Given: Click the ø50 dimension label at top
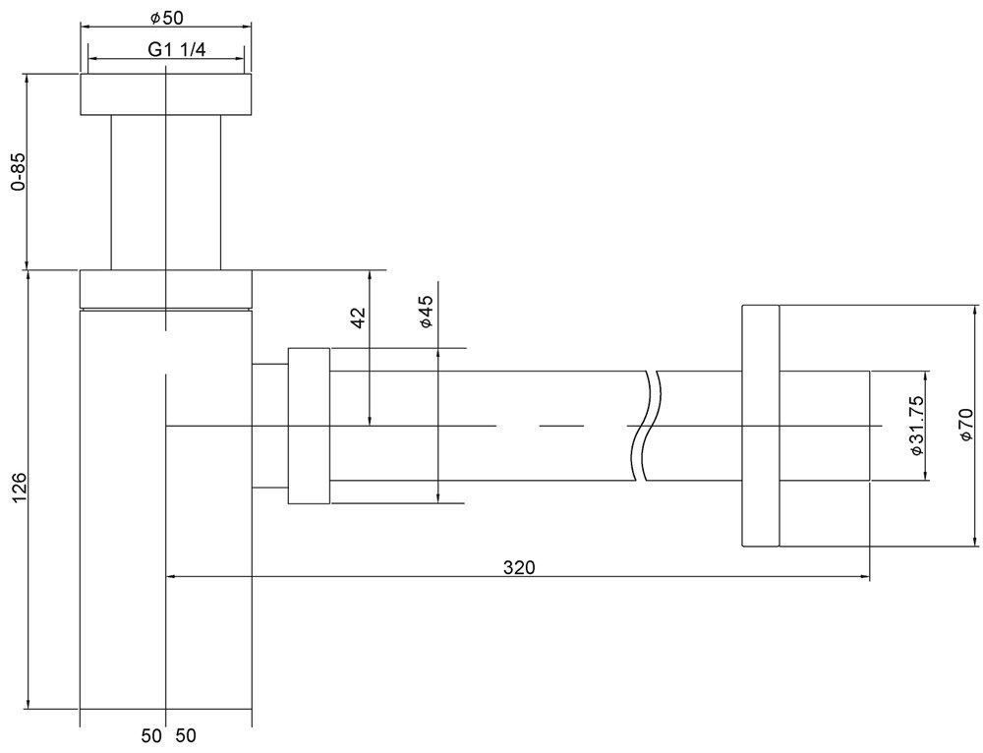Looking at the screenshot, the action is (167, 18).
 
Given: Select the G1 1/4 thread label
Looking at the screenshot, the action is (176, 49).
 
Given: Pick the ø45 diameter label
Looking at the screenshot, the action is (427, 312).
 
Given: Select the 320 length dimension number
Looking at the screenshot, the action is (520, 568).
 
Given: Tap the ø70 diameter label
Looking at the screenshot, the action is (965, 424).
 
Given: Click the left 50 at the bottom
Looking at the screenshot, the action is (151, 735).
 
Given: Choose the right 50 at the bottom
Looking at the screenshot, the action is (186, 735).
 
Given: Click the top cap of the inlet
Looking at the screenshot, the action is (166, 94).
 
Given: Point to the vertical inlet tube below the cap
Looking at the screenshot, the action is (166, 193).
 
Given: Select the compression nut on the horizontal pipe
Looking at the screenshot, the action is (309, 426).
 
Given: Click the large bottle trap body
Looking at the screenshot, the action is (166, 509).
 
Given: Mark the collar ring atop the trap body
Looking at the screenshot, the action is (166, 289).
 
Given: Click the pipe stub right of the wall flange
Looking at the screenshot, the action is (825, 427).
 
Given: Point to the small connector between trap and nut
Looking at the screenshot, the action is (270, 426).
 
